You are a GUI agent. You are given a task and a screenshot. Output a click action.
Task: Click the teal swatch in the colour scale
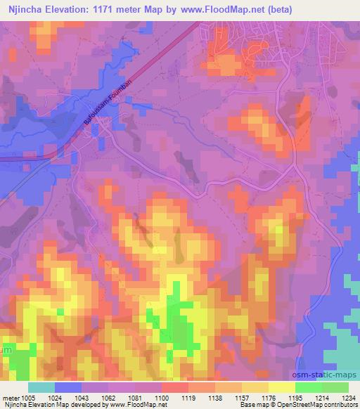41,387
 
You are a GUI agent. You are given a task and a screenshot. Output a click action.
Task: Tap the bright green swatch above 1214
308,387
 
